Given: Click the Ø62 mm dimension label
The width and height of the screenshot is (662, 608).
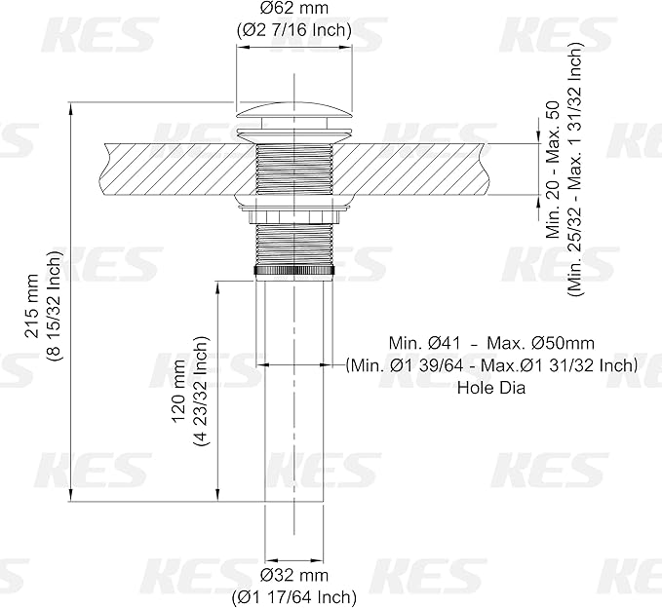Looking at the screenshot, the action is click(x=294, y=9).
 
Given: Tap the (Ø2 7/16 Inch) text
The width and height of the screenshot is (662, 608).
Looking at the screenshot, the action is click(x=294, y=30).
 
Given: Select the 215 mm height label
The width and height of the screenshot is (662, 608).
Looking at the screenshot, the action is click(x=32, y=306).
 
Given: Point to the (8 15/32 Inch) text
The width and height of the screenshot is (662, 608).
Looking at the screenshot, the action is click(x=54, y=306).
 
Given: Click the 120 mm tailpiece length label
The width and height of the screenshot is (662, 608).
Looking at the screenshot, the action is click(x=178, y=391).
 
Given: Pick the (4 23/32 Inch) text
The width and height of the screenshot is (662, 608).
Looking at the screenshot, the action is click(x=201, y=391).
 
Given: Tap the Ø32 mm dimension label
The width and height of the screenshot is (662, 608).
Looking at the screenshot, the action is click(x=294, y=575).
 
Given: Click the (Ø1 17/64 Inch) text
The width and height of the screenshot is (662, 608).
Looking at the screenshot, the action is click(x=294, y=597).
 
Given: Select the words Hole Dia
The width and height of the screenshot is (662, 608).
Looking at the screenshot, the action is click(x=491, y=388).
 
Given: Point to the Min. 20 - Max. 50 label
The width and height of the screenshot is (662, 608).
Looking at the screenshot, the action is click(x=553, y=170).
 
